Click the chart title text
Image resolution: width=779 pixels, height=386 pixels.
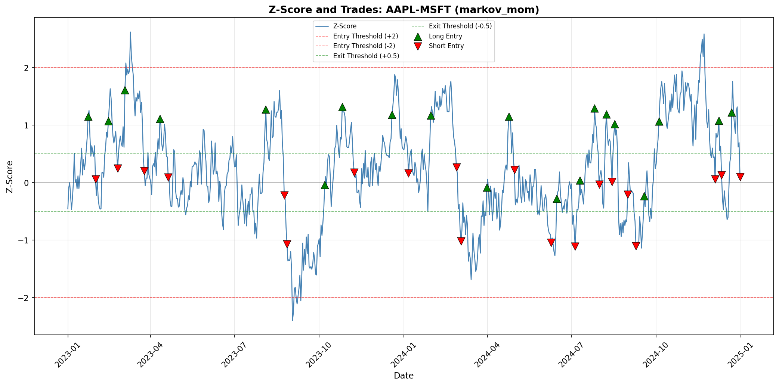click(x=404, y=10)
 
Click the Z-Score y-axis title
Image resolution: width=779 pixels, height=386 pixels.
click(x=10, y=177)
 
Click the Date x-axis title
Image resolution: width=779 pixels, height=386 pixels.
click(x=404, y=376)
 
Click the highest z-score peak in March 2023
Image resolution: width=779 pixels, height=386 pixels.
click(x=130, y=32)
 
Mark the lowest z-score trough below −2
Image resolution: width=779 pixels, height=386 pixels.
click(x=293, y=320)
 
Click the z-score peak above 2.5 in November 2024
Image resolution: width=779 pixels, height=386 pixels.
click(x=704, y=34)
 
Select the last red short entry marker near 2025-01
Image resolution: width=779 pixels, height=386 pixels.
click(x=740, y=177)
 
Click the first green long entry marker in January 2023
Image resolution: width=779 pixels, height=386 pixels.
click(x=88, y=117)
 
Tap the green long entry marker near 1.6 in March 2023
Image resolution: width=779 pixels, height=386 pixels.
click(x=125, y=90)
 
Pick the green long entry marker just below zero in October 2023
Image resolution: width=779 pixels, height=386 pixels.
click(x=325, y=185)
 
